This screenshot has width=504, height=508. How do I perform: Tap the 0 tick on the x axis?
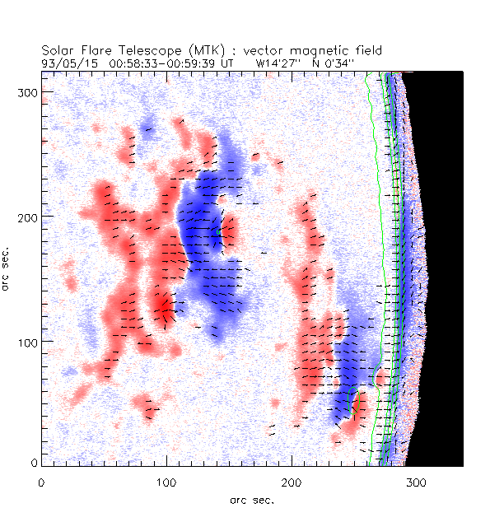pyautogui.click(x=41, y=481)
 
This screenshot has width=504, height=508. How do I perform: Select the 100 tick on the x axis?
pyautogui.click(x=166, y=481)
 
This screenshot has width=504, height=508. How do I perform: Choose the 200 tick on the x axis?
pyautogui.click(x=292, y=481)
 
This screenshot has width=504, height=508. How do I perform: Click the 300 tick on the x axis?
pyautogui.click(x=416, y=481)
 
